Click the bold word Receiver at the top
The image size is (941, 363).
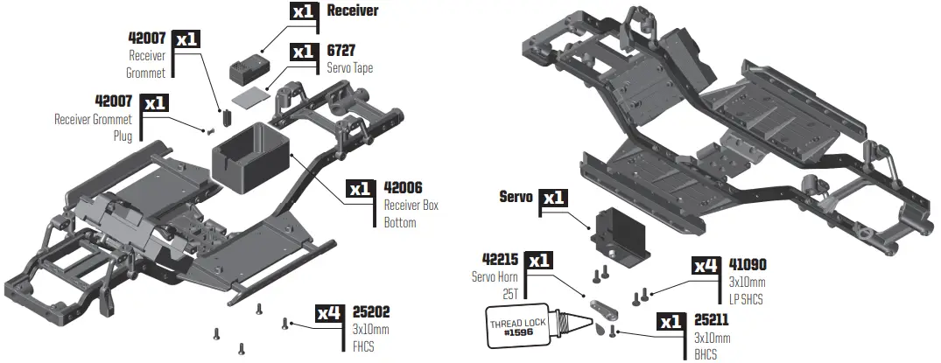click(352, 11)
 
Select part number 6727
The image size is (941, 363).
click(341, 51)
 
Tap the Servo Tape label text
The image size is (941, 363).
click(349, 67)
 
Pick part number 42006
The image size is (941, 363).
click(404, 188)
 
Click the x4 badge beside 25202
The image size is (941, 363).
click(330, 312)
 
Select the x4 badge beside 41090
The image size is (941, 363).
click(706, 264)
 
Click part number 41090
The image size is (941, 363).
click(748, 264)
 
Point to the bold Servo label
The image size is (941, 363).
click(516, 198)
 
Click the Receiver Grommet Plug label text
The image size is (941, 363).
click(93, 128)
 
